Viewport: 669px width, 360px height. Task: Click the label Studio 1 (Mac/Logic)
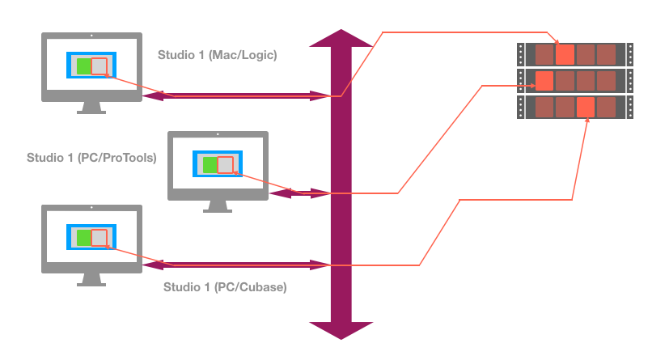point(218,56)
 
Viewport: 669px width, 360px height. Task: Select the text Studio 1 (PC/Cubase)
point(225,287)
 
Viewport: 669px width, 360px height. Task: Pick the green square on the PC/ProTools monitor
point(210,165)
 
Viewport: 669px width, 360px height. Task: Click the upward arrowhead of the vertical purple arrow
point(341,39)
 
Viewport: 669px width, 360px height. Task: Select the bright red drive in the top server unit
point(565,55)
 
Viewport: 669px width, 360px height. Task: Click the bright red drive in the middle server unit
point(544,81)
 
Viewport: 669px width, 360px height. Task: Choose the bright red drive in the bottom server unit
point(586,107)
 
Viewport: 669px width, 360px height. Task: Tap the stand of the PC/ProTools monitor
point(217,206)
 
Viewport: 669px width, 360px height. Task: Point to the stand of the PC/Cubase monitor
point(91,280)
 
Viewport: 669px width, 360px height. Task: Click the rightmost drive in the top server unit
point(606,55)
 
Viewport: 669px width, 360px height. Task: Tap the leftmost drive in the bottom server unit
point(544,107)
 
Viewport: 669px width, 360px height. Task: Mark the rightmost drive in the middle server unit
point(606,81)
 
